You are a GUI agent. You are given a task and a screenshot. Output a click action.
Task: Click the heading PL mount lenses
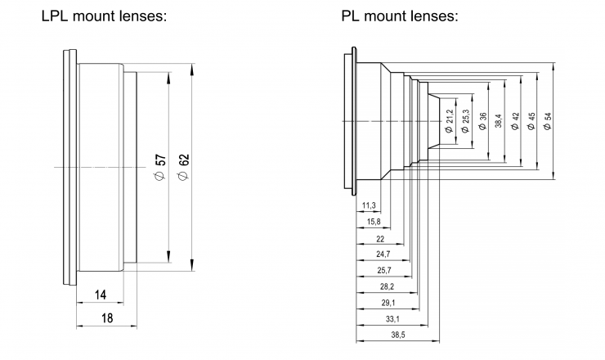tap(399, 16)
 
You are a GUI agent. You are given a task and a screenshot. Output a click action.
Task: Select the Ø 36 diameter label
tap(483, 120)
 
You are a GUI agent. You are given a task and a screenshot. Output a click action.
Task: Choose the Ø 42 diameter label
tap(515, 120)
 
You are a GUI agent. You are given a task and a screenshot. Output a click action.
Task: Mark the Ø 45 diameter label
tap(531, 120)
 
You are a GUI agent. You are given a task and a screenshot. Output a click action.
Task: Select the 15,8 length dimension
tap(373, 222)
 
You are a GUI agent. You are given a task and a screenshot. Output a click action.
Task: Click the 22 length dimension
tap(379, 238)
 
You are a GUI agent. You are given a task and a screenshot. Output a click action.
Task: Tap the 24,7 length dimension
tap(383, 254)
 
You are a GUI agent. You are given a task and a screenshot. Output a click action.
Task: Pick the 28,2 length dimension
tap(388, 286)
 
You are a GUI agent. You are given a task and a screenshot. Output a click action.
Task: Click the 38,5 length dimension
tap(398, 335)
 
